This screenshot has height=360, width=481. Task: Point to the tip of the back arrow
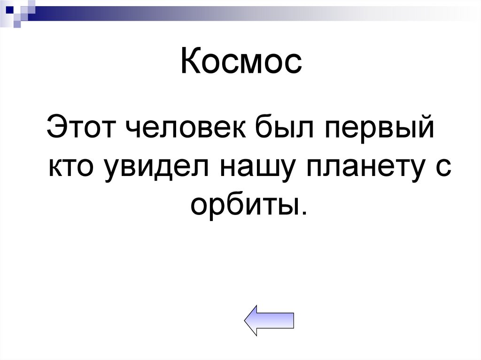coord(246,320)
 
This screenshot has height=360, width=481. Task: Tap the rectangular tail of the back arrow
coord(281,320)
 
